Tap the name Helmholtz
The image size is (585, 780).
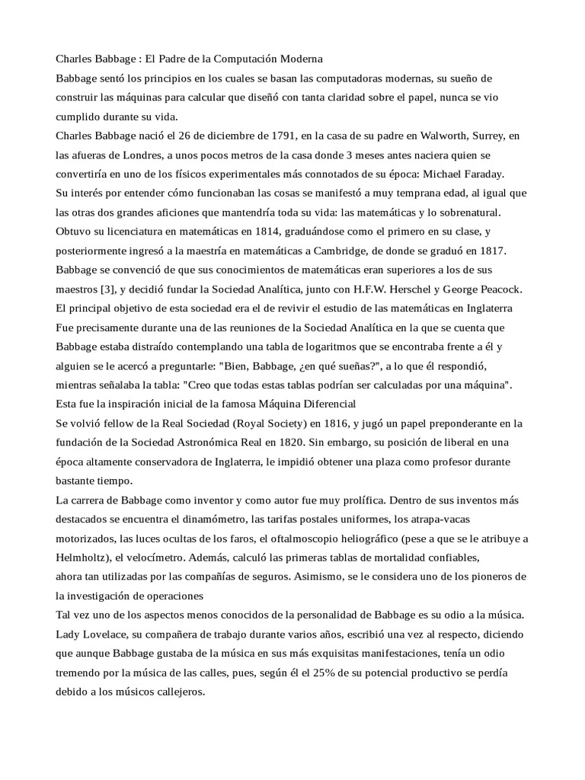(x=85, y=558)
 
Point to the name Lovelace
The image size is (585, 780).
(x=106, y=635)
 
